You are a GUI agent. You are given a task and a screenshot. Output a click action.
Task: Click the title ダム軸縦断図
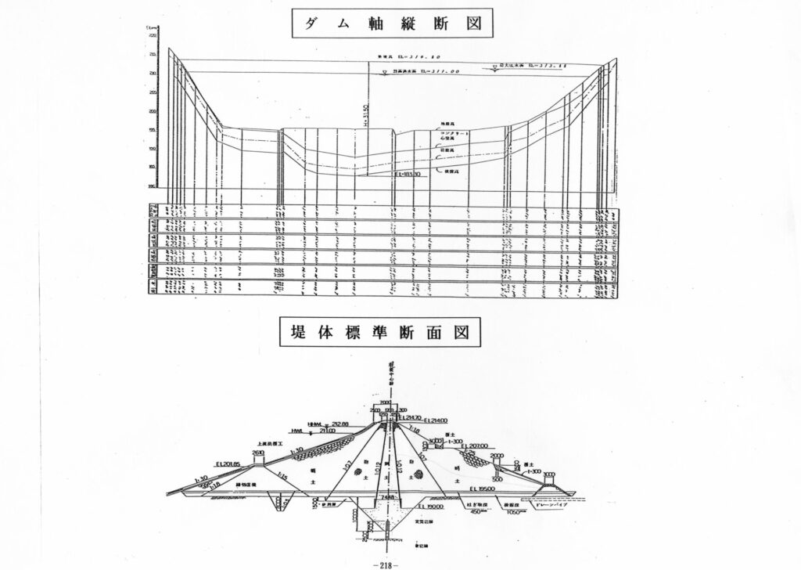tap(394, 23)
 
